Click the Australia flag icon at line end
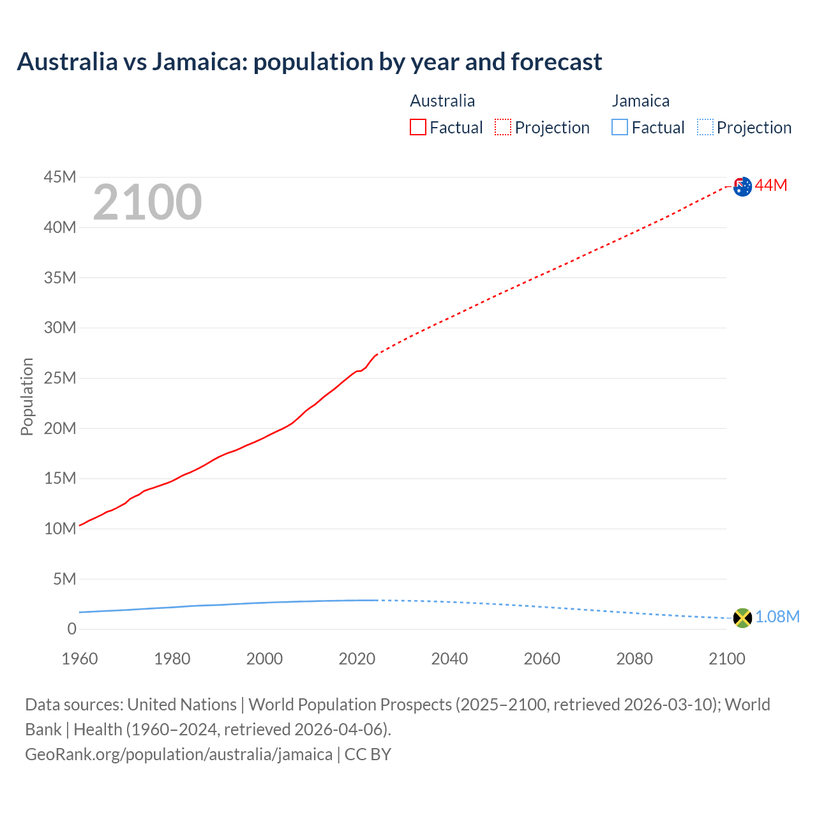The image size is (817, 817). click(742, 186)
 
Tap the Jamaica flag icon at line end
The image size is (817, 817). click(742, 617)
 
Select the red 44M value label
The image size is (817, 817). click(771, 186)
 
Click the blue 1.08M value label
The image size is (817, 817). click(777, 617)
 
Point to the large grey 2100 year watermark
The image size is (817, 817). click(147, 202)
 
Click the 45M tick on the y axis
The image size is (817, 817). click(60, 177)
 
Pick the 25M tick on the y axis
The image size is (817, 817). click(60, 378)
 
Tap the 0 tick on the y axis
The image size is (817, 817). click(71, 629)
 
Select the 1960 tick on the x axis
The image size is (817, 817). click(80, 659)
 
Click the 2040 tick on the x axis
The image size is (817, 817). click(449, 659)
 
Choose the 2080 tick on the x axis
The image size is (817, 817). click(634, 659)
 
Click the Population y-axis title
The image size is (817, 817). click(27, 396)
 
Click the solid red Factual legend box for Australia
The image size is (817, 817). click(418, 128)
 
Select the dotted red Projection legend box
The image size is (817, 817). click(503, 128)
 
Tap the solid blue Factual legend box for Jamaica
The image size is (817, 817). click(620, 128)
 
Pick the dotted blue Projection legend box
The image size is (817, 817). click(705, 128)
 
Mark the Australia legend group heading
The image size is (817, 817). click(442, 101)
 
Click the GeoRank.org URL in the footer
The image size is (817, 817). click(179, 754)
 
